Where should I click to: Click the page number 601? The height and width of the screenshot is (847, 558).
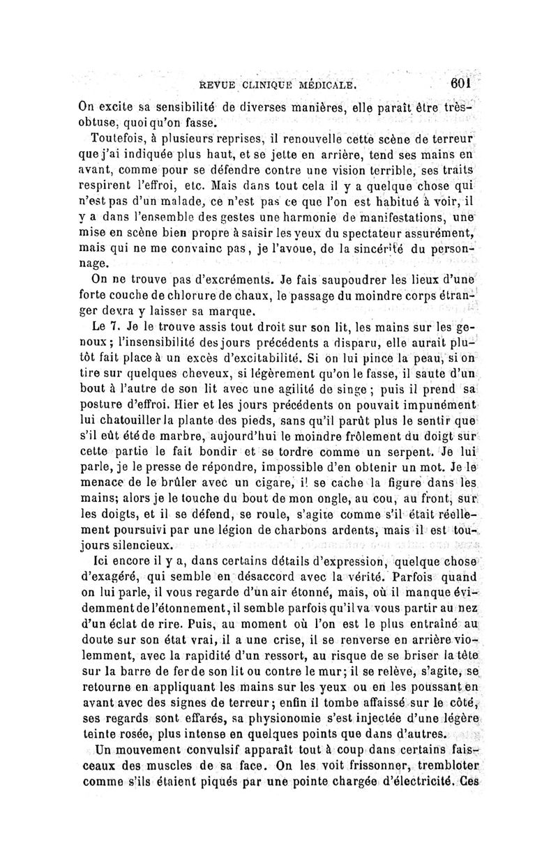click(x=461, y=82)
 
